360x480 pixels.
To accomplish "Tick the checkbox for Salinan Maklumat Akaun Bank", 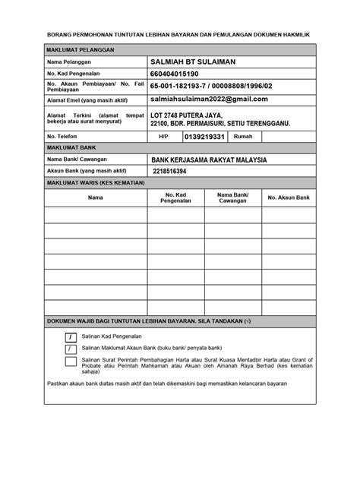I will coord(70,349).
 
